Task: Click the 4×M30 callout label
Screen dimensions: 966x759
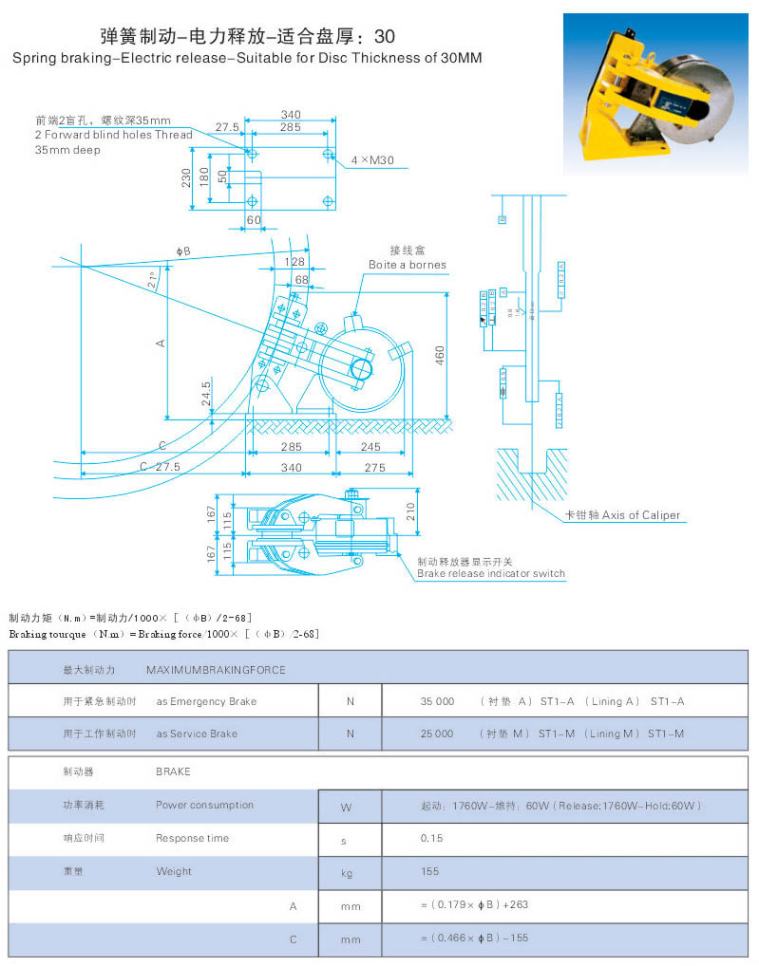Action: (372, 160)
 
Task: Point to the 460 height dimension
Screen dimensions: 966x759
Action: (440, 354)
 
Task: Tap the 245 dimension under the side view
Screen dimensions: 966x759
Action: (370, 447)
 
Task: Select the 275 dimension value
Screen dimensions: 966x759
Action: (374, 467)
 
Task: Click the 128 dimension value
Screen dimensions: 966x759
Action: (294, 262)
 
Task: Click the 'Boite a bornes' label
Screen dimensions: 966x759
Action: (407, 265)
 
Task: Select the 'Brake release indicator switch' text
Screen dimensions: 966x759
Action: (490, 573)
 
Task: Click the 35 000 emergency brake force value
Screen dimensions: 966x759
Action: (437, 701)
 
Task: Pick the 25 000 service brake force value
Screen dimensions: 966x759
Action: (437, 734)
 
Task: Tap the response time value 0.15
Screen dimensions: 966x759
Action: (431, 838)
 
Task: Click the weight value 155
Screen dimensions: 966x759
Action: (429, 871)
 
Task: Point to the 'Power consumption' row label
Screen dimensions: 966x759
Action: (204, 805)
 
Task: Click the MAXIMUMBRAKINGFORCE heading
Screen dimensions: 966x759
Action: (216, 669)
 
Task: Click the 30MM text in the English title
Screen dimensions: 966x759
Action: (461, 58)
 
